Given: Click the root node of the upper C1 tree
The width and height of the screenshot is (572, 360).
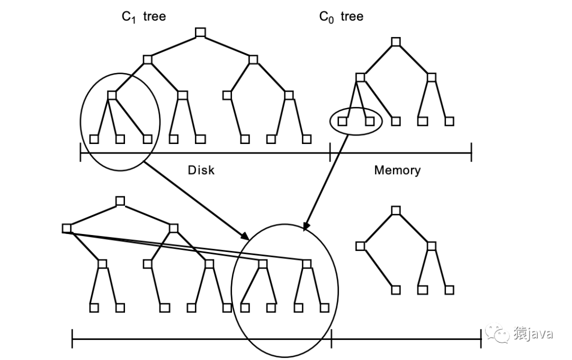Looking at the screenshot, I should pyautogui.click(x=200, y=33).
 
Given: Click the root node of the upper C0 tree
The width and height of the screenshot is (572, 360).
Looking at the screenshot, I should pyautogui.click(x=396, y=41).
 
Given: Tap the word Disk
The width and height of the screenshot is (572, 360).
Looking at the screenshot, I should pyautogui.click(x=201, y=170).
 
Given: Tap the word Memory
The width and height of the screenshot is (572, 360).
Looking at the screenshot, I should pyautogui.click(x=397, y=170).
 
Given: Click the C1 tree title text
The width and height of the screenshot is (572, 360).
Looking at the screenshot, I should pyautogui.click(x=144, y=17).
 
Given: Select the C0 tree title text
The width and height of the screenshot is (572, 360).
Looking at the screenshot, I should pyautogui.click(x=341, y=17).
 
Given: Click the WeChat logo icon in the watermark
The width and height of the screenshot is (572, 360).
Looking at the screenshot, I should pyautogui.click(x=498, y=333).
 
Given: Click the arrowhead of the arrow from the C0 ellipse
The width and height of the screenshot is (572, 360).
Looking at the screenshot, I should pyautogui.click(x=306, y=228).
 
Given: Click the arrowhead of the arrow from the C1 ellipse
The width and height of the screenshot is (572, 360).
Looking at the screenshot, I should pyautogui.click(x=246, y=237).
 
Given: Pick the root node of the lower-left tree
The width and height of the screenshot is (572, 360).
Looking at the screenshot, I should pyautogui.click(x=120, y=201).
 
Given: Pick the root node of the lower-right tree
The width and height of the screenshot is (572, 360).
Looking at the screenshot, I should pyautogui.click(x=396, y=210).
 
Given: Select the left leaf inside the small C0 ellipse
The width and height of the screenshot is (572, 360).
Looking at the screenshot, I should pyautogui.click(x=342, y=121).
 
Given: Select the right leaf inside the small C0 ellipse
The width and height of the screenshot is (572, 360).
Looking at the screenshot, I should pyautogui.click(x=370, y=121).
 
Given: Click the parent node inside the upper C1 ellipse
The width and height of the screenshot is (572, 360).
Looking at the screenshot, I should pyautogui.click(x=112, y=95).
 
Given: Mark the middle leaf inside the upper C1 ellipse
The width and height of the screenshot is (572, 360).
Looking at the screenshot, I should pyautogui.click(x=120, y=139).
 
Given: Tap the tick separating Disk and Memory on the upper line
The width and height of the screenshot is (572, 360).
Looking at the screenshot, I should pyautogui.click(x=330, y=154).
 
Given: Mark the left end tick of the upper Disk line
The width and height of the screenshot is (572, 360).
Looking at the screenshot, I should pyautogui.click(x=81, y=154).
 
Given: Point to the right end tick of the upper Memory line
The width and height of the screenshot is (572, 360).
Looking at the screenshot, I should pyautogui.click(x=471, y=154).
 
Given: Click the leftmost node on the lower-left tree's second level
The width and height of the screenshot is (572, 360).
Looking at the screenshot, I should pyautogui.click(x=67, y=228).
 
